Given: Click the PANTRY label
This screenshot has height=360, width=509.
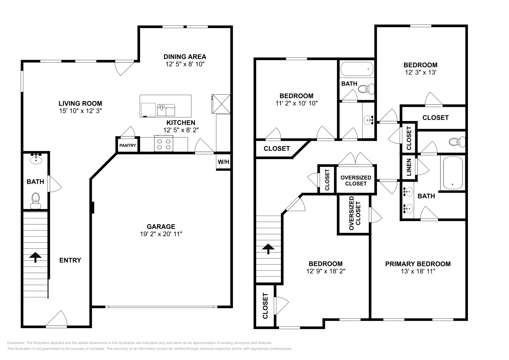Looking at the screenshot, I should (128, 146).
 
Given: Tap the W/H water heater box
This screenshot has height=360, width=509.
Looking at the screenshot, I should (223, 162).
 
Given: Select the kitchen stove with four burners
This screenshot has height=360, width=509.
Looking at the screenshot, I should (164, 143).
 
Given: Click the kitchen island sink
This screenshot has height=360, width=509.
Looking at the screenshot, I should (166, 110).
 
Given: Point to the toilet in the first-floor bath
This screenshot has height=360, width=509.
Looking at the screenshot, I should (36, 200).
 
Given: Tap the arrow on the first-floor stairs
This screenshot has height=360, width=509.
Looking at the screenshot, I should (35, 257).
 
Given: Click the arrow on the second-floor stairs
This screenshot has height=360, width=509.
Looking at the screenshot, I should (268, 249).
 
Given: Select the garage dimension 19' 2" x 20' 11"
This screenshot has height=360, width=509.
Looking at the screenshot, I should (161, 234).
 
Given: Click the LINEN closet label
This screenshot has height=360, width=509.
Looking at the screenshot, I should (409, 167).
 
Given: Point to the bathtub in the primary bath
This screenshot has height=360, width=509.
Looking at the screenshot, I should (452, 173).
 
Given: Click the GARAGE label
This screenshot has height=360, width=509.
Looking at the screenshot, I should (161, 226).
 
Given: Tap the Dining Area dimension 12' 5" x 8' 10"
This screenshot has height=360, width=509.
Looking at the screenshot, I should (185, 64).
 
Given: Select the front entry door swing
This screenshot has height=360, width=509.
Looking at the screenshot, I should (57, 319).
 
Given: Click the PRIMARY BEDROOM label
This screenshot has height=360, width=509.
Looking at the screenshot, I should (418, 264).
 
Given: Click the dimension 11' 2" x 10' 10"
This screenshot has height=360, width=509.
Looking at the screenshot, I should (296, 103).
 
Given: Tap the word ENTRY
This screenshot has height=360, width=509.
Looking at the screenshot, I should (70, 260).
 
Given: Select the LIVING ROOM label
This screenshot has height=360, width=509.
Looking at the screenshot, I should (80, 103).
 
